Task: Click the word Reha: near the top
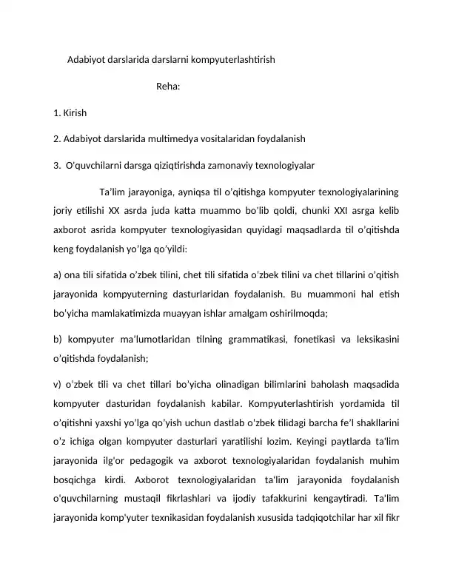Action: [169, 86]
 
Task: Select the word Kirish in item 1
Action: [75, 113]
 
